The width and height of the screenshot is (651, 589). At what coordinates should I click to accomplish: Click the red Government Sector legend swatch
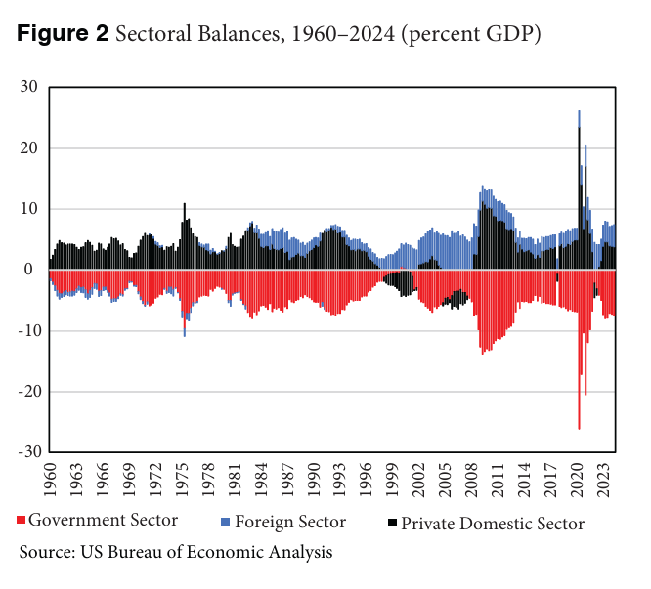(x=22, y=521)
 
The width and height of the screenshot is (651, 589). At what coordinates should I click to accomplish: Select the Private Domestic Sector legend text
(x=494, y=524)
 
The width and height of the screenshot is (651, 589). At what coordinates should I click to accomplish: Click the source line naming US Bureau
(x=176, y=552)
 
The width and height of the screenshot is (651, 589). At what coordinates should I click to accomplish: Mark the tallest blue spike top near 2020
(x=579, y=111)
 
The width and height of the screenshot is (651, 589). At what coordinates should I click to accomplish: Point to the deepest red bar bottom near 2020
(x=579, y=428)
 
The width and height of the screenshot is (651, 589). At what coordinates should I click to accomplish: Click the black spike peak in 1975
(x=184, y=204)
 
